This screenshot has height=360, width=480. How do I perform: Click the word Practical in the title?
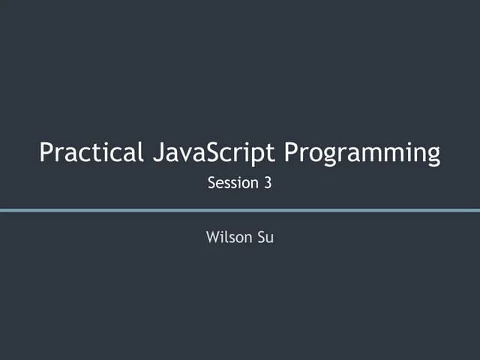pos(91,152)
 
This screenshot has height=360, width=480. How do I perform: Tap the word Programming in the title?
pos(362,154)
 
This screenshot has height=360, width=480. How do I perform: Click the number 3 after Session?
pos(267,182)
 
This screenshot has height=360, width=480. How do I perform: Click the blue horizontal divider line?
pos(240,210)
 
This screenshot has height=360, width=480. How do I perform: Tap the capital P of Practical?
pos(46,152)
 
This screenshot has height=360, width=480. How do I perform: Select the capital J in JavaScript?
pos(157,152)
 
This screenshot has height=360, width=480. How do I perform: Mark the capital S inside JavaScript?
pos(211,152)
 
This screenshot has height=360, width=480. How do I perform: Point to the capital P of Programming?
pos(292,152)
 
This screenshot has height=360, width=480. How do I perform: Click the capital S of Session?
pos(211,182)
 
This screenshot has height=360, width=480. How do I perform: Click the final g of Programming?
pos(432,156)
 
